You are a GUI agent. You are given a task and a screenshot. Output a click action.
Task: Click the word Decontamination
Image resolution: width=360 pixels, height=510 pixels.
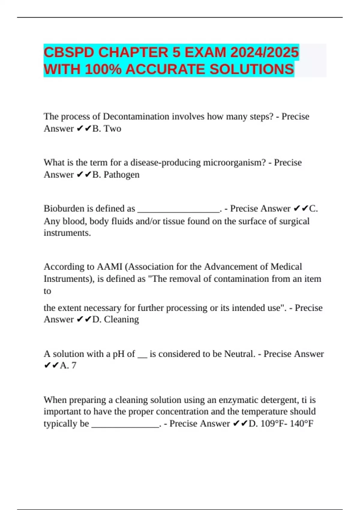pos(136,116)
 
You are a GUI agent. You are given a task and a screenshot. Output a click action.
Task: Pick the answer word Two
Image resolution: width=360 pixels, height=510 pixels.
pos(112,129)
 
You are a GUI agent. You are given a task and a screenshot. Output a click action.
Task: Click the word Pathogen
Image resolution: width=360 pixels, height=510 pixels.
pos(121,175)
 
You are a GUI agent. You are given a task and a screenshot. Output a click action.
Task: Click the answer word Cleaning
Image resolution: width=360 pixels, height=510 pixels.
pos(121,319)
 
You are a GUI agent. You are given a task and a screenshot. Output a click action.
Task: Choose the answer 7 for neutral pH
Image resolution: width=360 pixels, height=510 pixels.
pos(74,365)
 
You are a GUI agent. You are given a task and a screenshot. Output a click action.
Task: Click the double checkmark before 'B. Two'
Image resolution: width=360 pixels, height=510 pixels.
pos(84,129)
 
